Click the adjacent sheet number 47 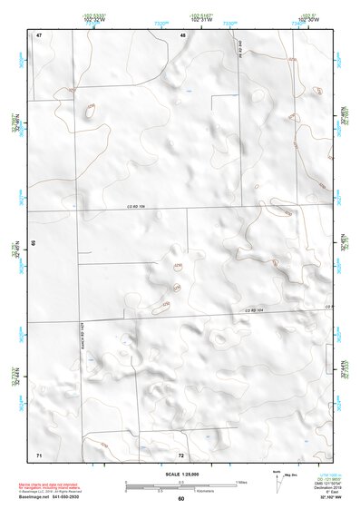pos(39,34)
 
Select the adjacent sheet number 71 pos(39,453)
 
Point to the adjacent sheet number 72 pos(180,455)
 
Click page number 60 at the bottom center pos(180,499)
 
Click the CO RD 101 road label pos(135,208)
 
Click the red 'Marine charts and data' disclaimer pos(64,481)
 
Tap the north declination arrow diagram pos(280,482)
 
